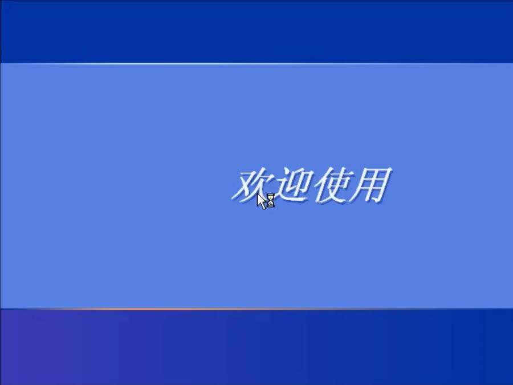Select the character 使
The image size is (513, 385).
331,185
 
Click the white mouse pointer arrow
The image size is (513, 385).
262,200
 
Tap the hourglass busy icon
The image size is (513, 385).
271,200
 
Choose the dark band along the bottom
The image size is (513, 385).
256,348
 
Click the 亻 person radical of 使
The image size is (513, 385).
320,185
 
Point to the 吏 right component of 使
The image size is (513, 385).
337,184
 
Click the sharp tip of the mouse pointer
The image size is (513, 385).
258,194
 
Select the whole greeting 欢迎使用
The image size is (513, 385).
311,185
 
